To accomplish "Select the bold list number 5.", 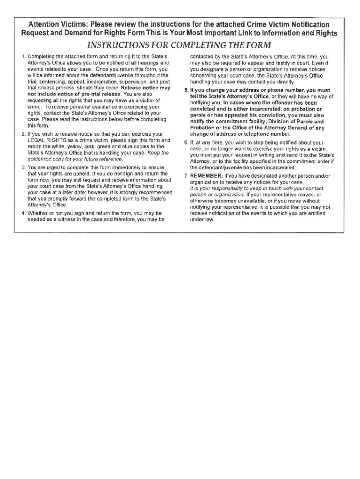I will point(186,90).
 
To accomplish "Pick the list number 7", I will point(186,176).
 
